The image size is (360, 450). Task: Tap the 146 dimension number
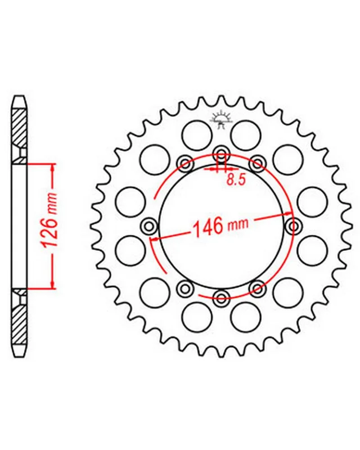[x=209, y=226]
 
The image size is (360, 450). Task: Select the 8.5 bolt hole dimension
[x=236, y=180]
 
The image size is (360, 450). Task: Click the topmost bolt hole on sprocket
[x=221, y=154]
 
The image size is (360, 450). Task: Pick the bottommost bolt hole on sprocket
[x=221, y=298]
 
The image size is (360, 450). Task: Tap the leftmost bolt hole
[x=149, y=226]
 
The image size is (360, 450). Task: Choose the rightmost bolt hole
[x=294, y=226]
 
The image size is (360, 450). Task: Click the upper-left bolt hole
[x=186, y=164]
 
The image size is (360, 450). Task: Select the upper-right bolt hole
[x=257, y=164]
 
